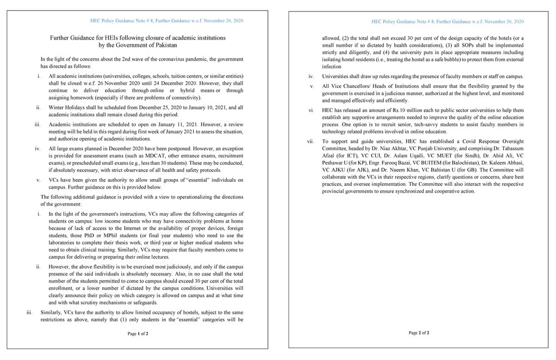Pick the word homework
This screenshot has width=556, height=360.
click(x=75, y=97)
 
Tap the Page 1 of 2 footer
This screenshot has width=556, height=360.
click(x=138, y=334)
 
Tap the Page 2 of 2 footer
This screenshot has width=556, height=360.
click(x=419, y=333)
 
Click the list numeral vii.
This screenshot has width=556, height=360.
click(x=311, y=142)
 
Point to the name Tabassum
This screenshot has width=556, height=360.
click(x=510, y=149)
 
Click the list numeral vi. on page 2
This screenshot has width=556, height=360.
click(x=311, y=111)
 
